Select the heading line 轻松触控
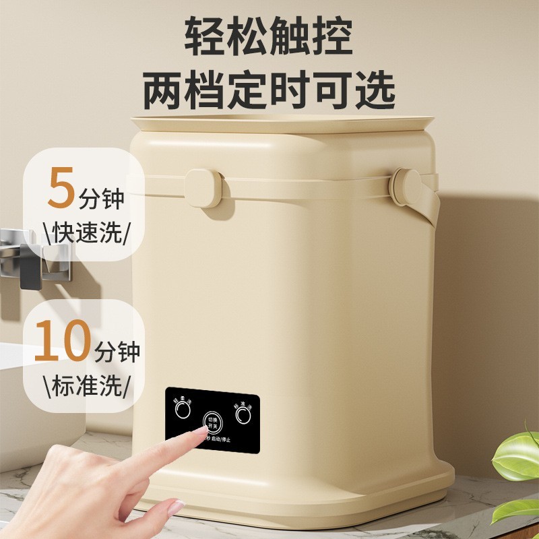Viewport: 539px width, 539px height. tap(268, 40)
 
